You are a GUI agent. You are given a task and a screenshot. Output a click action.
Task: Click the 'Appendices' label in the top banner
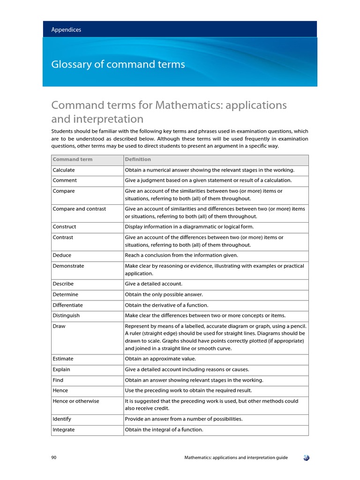point(66,30)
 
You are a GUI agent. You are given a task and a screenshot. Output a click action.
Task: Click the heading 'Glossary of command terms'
point(118,64)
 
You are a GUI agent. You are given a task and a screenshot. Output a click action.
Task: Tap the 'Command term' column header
point(73,159)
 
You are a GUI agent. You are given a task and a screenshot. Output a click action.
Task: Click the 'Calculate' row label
point(64,170)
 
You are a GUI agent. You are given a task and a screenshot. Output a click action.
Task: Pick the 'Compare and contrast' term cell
point(79,209)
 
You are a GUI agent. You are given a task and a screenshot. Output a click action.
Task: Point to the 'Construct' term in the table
point(64,226)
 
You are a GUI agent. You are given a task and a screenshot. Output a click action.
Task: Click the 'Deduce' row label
point(62,255)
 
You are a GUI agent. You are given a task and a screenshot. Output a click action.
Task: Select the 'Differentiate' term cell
point(67,305)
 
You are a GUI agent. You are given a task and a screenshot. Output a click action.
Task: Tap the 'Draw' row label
point(59,326)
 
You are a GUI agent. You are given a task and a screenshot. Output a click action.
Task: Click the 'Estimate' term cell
point(63,359)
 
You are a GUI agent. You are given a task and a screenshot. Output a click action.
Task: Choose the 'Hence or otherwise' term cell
point(76,401)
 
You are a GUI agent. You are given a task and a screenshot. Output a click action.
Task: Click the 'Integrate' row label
point(64,429)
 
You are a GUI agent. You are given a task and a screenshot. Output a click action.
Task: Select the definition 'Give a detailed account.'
point(153,284)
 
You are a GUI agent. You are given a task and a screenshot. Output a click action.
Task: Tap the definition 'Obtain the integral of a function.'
point(164,429)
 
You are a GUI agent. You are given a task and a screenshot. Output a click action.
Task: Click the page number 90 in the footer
point(54,457)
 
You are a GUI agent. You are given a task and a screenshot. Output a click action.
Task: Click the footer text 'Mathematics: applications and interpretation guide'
point(236,457)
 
